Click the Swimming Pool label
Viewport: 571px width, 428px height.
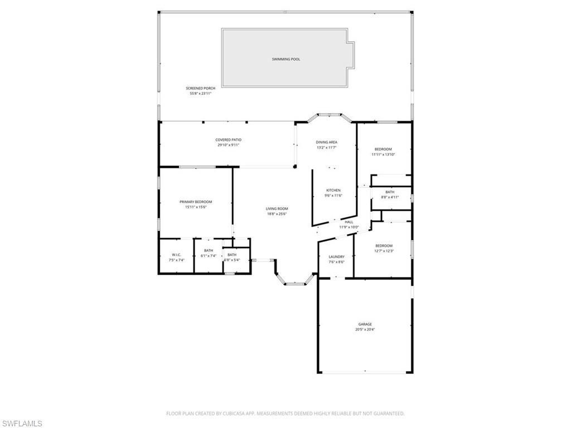click(285, 59)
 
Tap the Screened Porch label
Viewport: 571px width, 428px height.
click(200, 88)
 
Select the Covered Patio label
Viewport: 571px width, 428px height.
click(228, 140)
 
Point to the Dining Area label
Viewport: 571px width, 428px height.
click(327, 142)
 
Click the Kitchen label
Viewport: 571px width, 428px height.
click(333, 191)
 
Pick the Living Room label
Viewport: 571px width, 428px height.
click(277, 209)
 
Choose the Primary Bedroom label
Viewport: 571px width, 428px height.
click(196, 202)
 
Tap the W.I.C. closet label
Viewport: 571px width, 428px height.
click(176, 255)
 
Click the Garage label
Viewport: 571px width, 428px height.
click(365, 324)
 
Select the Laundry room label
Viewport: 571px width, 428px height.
click(336, 257)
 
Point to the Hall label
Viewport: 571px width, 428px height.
click(349, 222)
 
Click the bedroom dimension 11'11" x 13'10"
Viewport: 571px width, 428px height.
click(383, 154)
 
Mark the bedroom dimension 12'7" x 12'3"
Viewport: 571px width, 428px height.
click(384, 251)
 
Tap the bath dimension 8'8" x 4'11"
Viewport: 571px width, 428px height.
click(390, 197)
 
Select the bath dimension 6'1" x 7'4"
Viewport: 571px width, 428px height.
click(208, 256)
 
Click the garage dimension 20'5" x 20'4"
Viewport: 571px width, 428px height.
click(365, 329)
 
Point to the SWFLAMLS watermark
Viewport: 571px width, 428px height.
click(22, 424)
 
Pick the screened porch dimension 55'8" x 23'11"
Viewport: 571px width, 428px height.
click(200, 93)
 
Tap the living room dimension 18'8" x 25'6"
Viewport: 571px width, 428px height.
click(277, 214)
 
